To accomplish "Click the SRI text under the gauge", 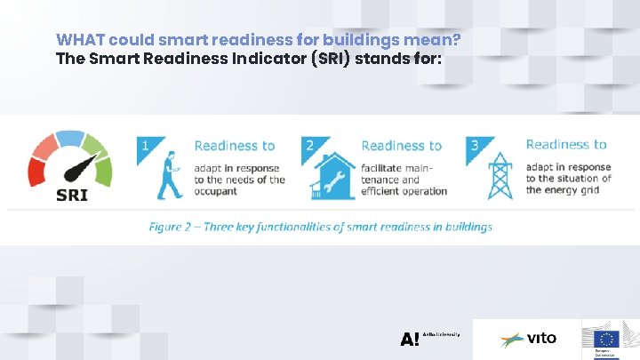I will pos(71,194).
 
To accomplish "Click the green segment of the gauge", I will pos(103,171).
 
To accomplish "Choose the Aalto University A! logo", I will pos(410,339).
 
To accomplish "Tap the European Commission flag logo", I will pos(606,339).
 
